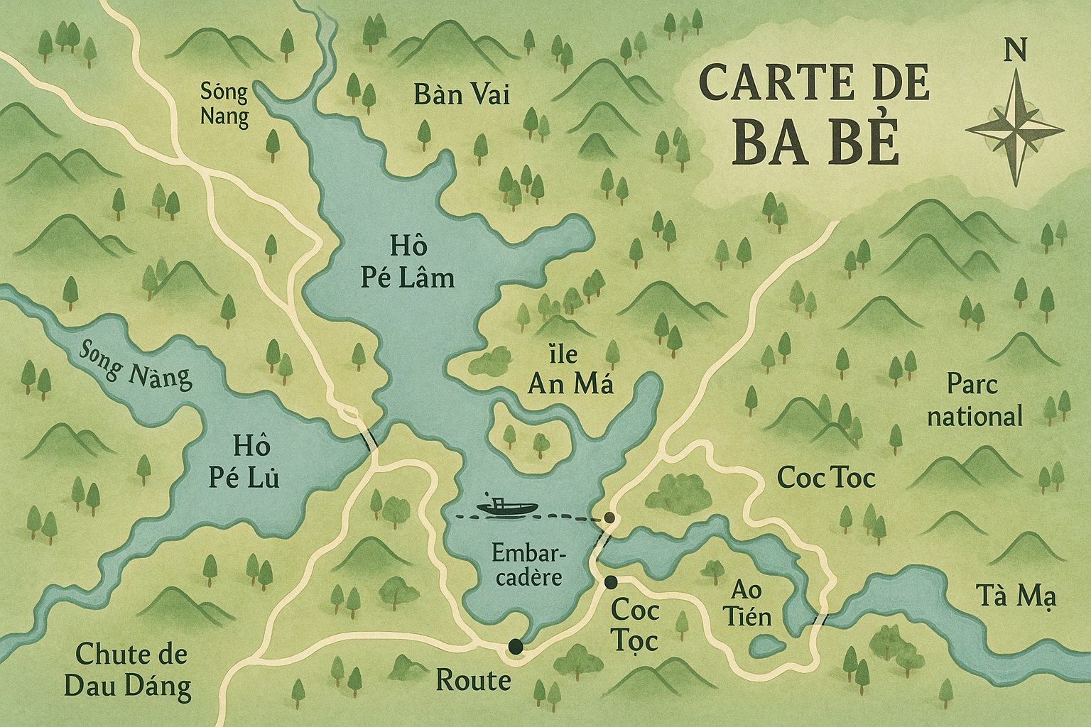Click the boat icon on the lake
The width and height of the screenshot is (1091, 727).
(x=507, y=506)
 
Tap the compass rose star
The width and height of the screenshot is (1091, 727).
(x=1016, y=128)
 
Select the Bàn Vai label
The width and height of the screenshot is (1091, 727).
(x=462, y=94)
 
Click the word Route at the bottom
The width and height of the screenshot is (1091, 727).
(x=472, y=681)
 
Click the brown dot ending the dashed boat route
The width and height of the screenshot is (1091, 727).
(x=609, y=518)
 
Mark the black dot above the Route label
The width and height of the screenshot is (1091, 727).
(x=514, y=646)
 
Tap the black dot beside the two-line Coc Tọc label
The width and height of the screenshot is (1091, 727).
(x=610, y=582)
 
